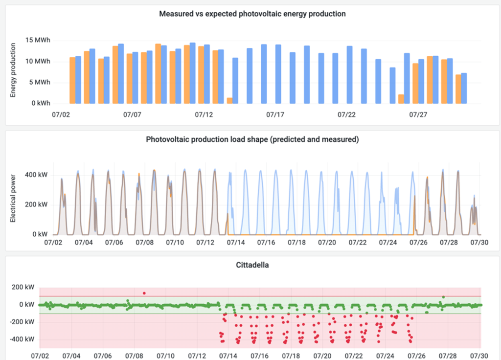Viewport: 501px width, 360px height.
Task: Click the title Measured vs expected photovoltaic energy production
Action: point(252,14)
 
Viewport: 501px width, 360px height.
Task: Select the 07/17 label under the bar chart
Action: point(275,115)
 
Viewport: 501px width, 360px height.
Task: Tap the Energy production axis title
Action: point(13,70)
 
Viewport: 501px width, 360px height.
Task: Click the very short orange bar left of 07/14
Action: point(229,100)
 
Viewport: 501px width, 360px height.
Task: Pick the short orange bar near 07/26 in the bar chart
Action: point(401,99)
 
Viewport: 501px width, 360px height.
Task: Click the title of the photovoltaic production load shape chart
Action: point(252,139)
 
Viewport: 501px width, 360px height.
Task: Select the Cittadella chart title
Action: point(252,265)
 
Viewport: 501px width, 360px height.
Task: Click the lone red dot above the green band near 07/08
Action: point(144,293)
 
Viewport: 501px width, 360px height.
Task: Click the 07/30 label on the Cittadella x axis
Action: point(479,355)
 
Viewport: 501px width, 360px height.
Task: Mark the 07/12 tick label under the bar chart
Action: point(204,115)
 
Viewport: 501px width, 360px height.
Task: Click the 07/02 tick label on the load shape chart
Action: point(54,243)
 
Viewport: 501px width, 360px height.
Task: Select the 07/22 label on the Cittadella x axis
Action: point(353,355)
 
